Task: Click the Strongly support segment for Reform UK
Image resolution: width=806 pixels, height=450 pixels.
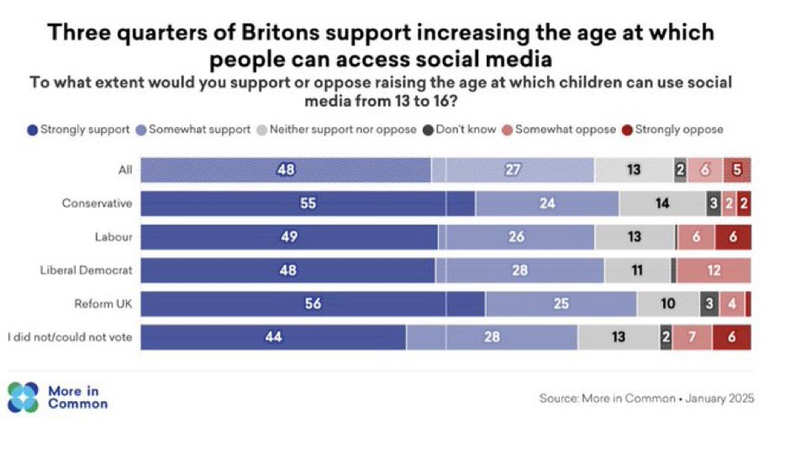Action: [313, 304]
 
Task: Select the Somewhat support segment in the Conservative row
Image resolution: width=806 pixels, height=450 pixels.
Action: [547, 204]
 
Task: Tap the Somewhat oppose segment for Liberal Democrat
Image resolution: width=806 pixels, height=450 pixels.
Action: [714, 270]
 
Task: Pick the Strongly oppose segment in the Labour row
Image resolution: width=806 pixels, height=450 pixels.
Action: [733, 237]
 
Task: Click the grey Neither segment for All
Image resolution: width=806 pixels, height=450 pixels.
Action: [634, 170]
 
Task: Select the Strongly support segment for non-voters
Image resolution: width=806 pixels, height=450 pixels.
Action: [273, 337]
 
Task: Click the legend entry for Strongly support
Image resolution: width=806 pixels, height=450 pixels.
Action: [79, 130]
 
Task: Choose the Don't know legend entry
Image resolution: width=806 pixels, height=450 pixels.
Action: [459, 130]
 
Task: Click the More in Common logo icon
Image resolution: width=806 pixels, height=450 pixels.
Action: [23, 397]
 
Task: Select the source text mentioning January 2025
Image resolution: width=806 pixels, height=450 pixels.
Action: [646, 398]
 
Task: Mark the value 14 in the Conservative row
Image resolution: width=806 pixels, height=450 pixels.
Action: [662, 204]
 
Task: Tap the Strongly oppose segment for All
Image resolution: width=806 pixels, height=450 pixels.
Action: [737, 170]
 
